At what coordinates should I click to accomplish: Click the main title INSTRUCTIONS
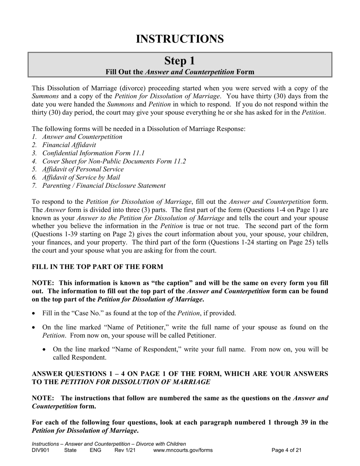pos(180,39)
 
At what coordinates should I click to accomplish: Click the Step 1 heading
pos(180,61)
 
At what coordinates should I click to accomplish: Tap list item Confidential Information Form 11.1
pos(93,153)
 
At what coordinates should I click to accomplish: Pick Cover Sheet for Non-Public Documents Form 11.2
pos(114,161)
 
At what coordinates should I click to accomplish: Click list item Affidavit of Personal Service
pos(83,169)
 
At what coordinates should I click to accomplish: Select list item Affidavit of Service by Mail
pos(81,177)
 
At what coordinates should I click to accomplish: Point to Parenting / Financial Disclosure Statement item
pos(104,186)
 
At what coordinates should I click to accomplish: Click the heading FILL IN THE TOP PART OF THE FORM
pos(97,267)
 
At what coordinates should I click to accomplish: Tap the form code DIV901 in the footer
pos(41,450)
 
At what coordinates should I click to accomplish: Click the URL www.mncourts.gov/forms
pos(183,450)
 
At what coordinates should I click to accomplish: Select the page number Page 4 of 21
pos(287,450)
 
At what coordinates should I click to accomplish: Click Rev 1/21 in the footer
pos(125,450)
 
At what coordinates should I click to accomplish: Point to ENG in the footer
pos(95,450)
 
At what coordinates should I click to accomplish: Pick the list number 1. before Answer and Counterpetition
pos(34,137)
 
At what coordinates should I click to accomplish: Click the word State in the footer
pos(70,450)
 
